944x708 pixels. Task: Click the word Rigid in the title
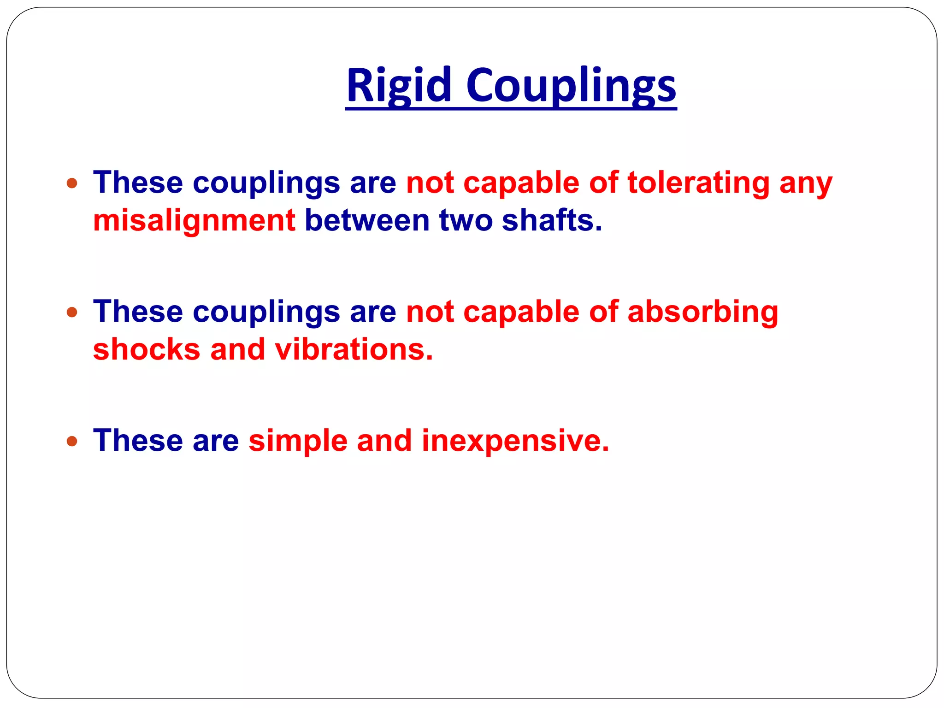[398, 85]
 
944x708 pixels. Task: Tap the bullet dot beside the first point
[72, 183]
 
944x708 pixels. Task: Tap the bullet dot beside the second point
[72, 313]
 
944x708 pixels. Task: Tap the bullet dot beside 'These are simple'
[72, 441]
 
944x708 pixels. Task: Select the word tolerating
[698, 183]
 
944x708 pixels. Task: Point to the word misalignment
[194, 220]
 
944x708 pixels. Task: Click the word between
[367, 220]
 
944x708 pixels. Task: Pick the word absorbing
[702, 312]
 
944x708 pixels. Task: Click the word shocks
[147, 349]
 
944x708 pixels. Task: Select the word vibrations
[354, 349]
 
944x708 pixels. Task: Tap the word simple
[298, 441]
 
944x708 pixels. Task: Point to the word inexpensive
[515, 441]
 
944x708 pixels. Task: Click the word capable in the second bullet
[521, 312]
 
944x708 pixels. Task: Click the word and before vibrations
[237, 349]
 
